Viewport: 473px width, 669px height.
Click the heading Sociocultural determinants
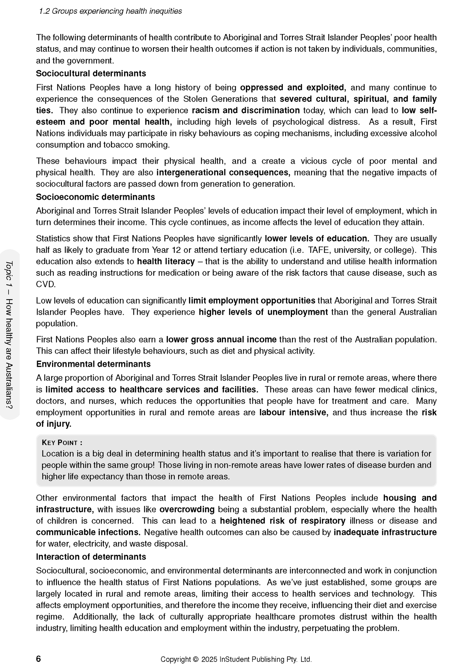tap(91, 73)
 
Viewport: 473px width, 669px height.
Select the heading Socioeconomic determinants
tap(95, 197)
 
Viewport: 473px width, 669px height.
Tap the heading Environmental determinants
tap(93, 364)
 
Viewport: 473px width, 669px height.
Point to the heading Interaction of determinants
tap(91, 557)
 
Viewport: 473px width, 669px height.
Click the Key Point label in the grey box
tap(62, 442)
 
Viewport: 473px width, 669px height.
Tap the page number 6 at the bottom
tap(39, 659)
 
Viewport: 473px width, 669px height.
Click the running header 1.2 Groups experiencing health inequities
tap(110, 11)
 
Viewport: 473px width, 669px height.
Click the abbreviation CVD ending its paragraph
tap(45, 284)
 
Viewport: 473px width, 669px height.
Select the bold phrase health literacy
tap(166, 261)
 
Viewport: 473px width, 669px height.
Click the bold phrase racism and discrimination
tap(246, 110)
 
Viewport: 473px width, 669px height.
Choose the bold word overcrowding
tap(187, 509)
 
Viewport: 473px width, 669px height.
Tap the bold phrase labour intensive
tap(294, 412)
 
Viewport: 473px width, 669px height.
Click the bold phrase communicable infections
tap(88, 532)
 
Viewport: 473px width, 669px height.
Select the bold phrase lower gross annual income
tap(221, 339)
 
